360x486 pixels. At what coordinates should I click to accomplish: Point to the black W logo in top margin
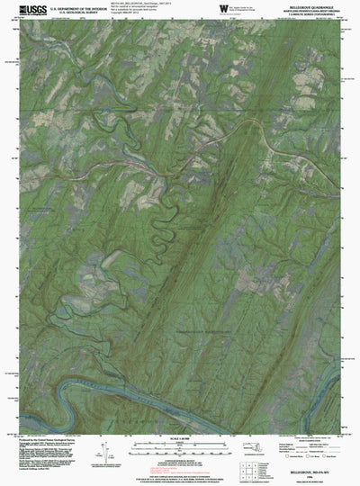click(x=223, y=10)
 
